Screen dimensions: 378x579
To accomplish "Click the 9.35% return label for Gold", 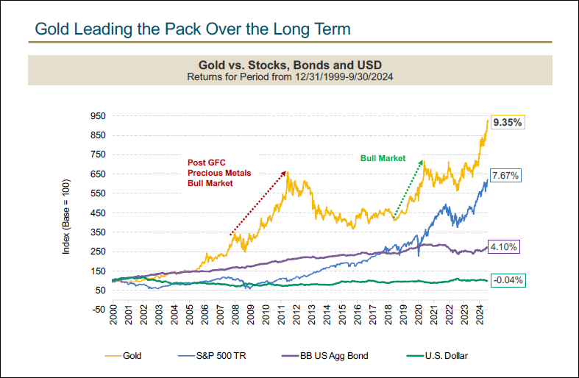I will [508, 124].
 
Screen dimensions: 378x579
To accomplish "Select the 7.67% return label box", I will [507, 176].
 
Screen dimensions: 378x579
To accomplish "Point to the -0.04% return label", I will [507, 279].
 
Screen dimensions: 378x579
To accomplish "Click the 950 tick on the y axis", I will [99, 116].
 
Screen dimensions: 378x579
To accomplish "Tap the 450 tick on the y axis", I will [99, 213].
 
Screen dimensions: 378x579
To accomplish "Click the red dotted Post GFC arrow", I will [258, 203].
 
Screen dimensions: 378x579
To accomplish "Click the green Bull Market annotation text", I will [383, 158].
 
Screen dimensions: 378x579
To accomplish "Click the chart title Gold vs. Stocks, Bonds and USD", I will [288, 65].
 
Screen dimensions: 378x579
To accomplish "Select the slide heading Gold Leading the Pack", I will [193, 29].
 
